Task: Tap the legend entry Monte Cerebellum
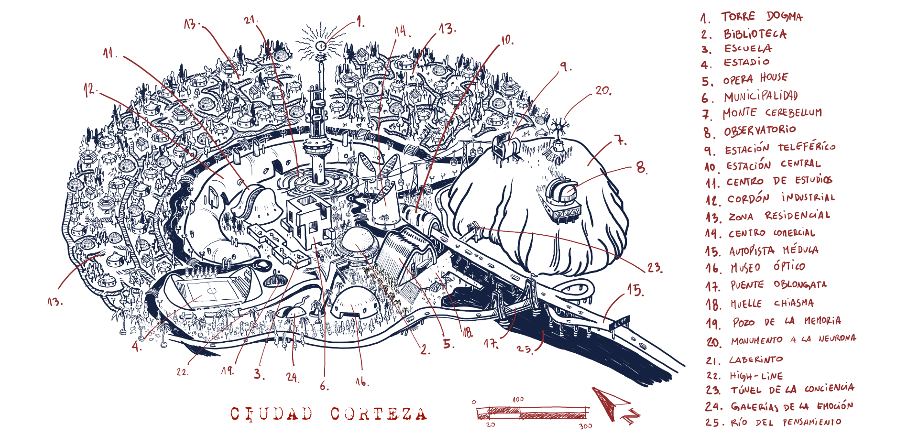772,113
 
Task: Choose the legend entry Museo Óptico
767,267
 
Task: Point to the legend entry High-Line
755,376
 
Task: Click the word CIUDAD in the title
271,414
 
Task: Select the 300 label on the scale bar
585,426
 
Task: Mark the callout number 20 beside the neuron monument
603,90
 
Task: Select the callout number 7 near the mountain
620,141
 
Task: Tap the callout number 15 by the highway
635,290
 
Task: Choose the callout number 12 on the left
89,89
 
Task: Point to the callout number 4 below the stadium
137,346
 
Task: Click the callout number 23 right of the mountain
655,268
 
